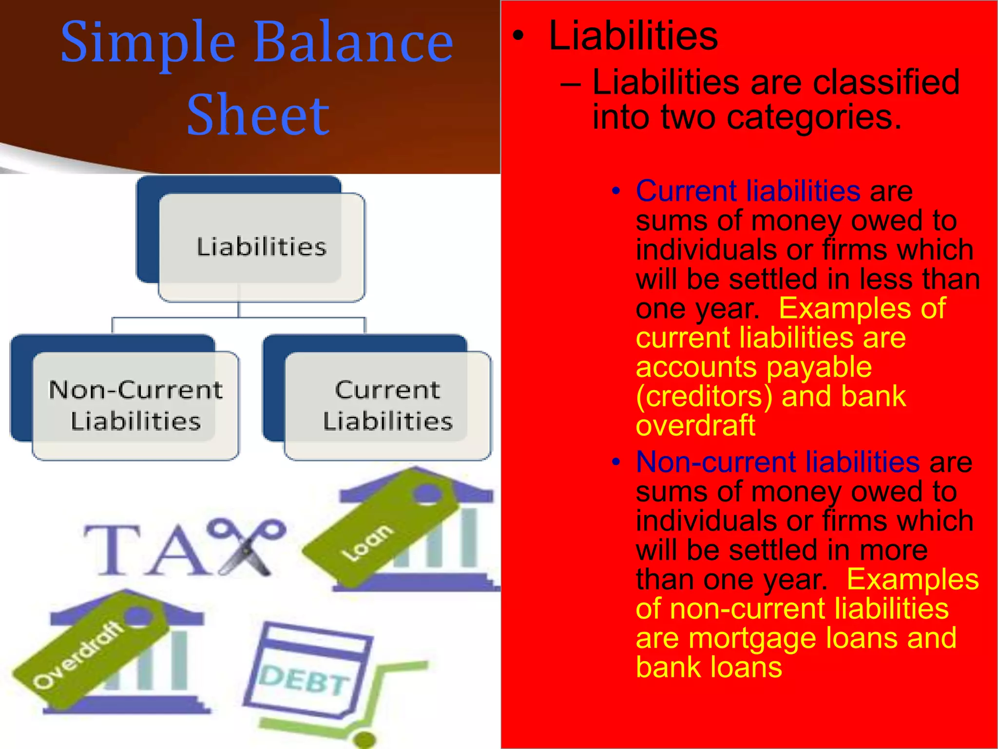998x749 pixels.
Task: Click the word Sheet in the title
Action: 258,116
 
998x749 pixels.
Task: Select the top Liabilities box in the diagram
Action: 262,247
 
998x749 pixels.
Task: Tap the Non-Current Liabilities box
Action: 135,405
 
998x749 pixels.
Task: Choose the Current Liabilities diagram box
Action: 388,405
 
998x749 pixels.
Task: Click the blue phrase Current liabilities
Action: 748,191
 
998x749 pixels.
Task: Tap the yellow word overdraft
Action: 695,425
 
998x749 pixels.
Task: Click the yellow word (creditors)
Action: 704,396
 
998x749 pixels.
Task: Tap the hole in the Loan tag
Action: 427,493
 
